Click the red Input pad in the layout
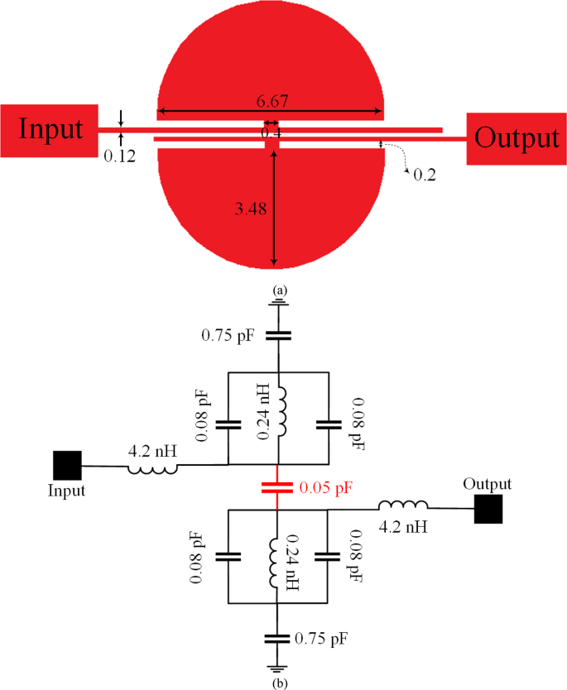point(50,131)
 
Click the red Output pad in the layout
point(517,137)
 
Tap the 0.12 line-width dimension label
point(120,155)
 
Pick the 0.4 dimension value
point(271,132)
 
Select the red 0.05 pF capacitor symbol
point(278,488)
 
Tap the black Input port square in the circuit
point(67,465)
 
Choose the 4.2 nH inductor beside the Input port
point(152,469)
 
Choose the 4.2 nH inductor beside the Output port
point(403,505)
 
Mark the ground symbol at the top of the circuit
point(278,305)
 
